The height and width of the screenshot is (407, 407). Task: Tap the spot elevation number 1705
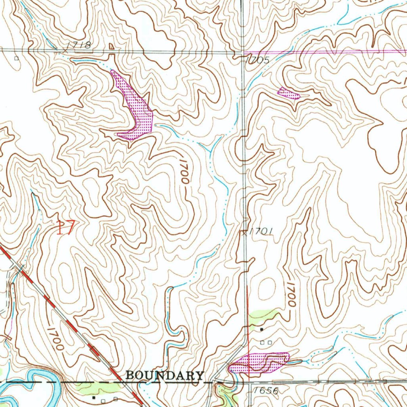[258, 60]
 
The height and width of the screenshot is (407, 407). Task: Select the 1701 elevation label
[261, 231]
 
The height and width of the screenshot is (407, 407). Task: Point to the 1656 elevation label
[266, 391]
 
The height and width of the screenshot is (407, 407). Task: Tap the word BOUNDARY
[165, 375]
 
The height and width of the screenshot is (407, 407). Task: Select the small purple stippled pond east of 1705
[288, 93]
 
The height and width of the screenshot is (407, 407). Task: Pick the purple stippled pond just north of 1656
[260, 362]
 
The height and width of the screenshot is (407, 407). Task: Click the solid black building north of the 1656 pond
[262, 329]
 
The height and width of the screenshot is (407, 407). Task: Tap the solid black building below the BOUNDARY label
[94, 397]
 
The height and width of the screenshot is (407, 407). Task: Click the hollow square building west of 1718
[16, 58]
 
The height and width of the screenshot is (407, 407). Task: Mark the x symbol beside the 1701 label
[244, 234]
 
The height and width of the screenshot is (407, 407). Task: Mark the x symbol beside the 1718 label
[65, 49]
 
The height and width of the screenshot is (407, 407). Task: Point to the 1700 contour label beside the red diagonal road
[55, 338]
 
